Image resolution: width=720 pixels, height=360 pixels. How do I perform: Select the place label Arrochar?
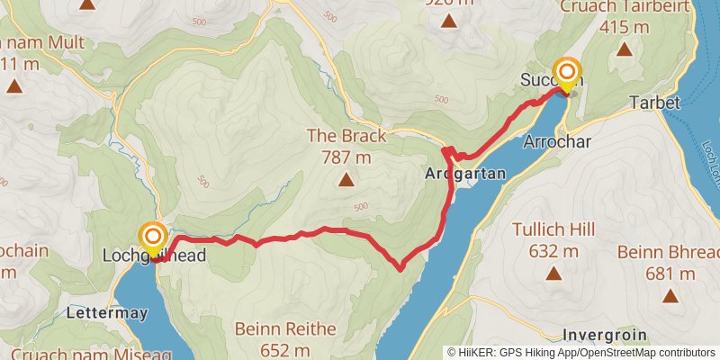tap(556, 141)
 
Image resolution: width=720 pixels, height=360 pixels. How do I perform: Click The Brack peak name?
tap(346, 137)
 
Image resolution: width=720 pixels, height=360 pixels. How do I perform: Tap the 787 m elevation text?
tap(346, 157)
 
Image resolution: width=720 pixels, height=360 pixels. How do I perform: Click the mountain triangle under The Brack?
tap(346, 180)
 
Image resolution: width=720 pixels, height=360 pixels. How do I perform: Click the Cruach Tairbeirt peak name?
tap(625, 6)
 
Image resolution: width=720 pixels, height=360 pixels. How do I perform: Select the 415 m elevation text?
tap(625, 27)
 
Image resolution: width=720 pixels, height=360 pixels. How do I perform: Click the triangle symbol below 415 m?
tap(625, 49)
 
